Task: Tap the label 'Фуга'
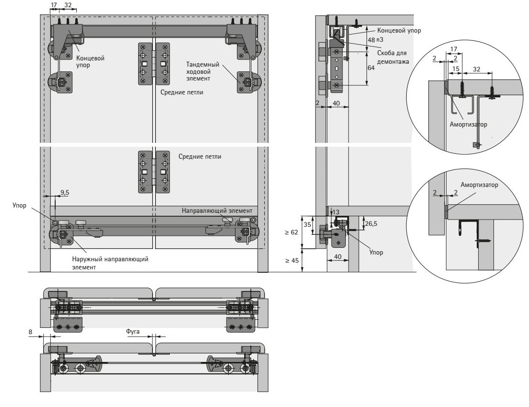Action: point(132,331)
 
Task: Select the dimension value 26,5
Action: point(371,223)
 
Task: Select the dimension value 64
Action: point(371,68)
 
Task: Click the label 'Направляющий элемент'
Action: point(216,211)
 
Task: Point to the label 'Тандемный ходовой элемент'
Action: point(203,71)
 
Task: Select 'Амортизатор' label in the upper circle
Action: point(468,124)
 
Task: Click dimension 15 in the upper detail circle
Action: point(455,70)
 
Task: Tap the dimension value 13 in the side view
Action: point(335,212)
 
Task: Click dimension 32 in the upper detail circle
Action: point(477,70)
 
